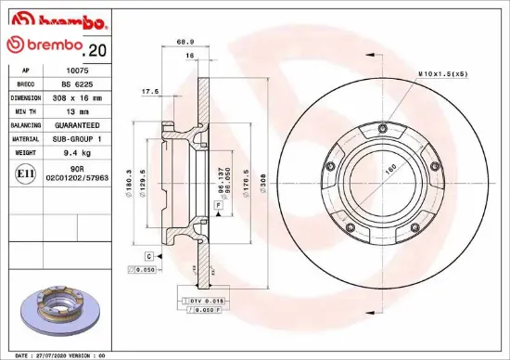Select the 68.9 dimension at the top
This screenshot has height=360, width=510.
pos(185,41)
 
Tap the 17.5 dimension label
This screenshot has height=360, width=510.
pos(149,91)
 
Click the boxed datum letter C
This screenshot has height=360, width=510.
pos(148,254)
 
